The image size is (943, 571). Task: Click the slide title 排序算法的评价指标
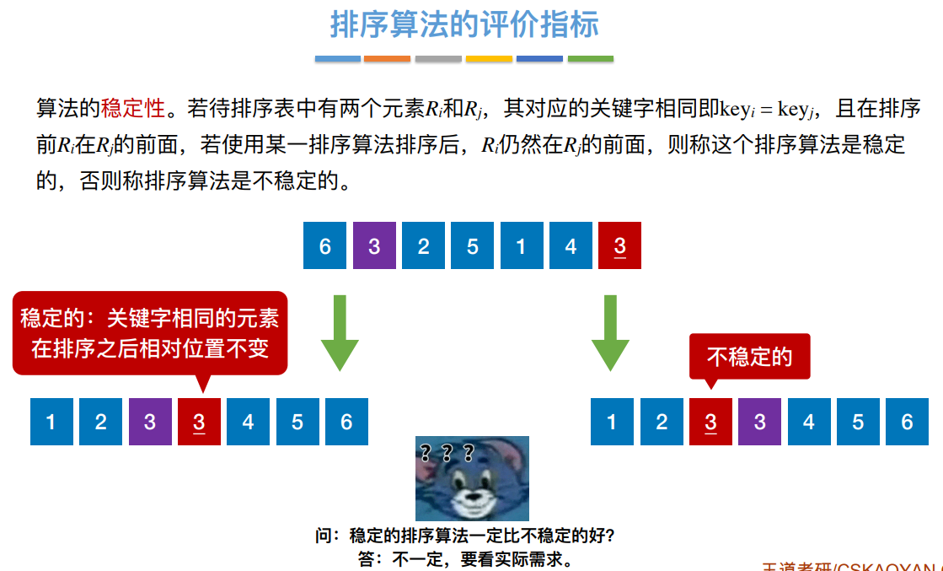point(464,25)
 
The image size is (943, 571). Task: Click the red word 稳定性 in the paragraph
point(132,108)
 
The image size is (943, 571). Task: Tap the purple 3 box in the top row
point(374,245)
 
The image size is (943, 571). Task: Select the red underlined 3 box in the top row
point(619,245)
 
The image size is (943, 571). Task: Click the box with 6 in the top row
point(325,245)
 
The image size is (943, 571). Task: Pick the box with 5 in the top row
point(472,245)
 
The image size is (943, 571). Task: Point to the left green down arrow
point(340,332)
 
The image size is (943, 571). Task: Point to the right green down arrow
point(610,332)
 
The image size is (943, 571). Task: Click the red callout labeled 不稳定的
point(749,357)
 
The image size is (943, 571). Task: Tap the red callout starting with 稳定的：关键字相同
point(150,333)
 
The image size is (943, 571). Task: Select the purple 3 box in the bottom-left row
point(150,421)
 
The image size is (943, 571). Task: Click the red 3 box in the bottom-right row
point(710,421)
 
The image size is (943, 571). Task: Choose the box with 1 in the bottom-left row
point(51,421)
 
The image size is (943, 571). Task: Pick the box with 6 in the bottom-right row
point(907,421)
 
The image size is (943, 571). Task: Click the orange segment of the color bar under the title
point(387,59)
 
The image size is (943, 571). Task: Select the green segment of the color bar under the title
point(590,59)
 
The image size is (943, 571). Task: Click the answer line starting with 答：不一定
point(465,558)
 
